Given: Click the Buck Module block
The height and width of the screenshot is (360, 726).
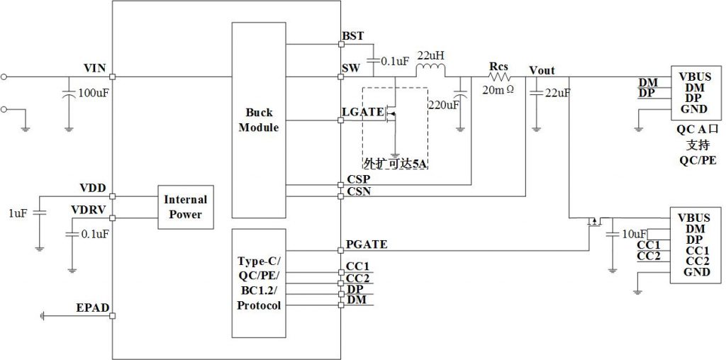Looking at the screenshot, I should click(258, 120).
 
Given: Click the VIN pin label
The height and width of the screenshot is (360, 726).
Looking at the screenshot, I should click(94, 68).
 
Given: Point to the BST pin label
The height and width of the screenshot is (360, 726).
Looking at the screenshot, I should click(352, 35).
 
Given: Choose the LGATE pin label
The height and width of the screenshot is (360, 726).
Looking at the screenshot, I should click(361, 112).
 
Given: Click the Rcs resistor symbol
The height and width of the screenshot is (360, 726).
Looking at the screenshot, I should click(499, 77).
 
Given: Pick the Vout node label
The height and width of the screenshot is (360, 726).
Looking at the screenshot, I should click(542, 70).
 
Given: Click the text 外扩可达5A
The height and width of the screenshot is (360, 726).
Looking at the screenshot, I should click(395, 164).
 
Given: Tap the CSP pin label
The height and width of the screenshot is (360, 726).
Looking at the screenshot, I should click(356, 179).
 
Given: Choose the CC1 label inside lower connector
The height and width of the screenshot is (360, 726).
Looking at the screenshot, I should click(698, 250).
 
